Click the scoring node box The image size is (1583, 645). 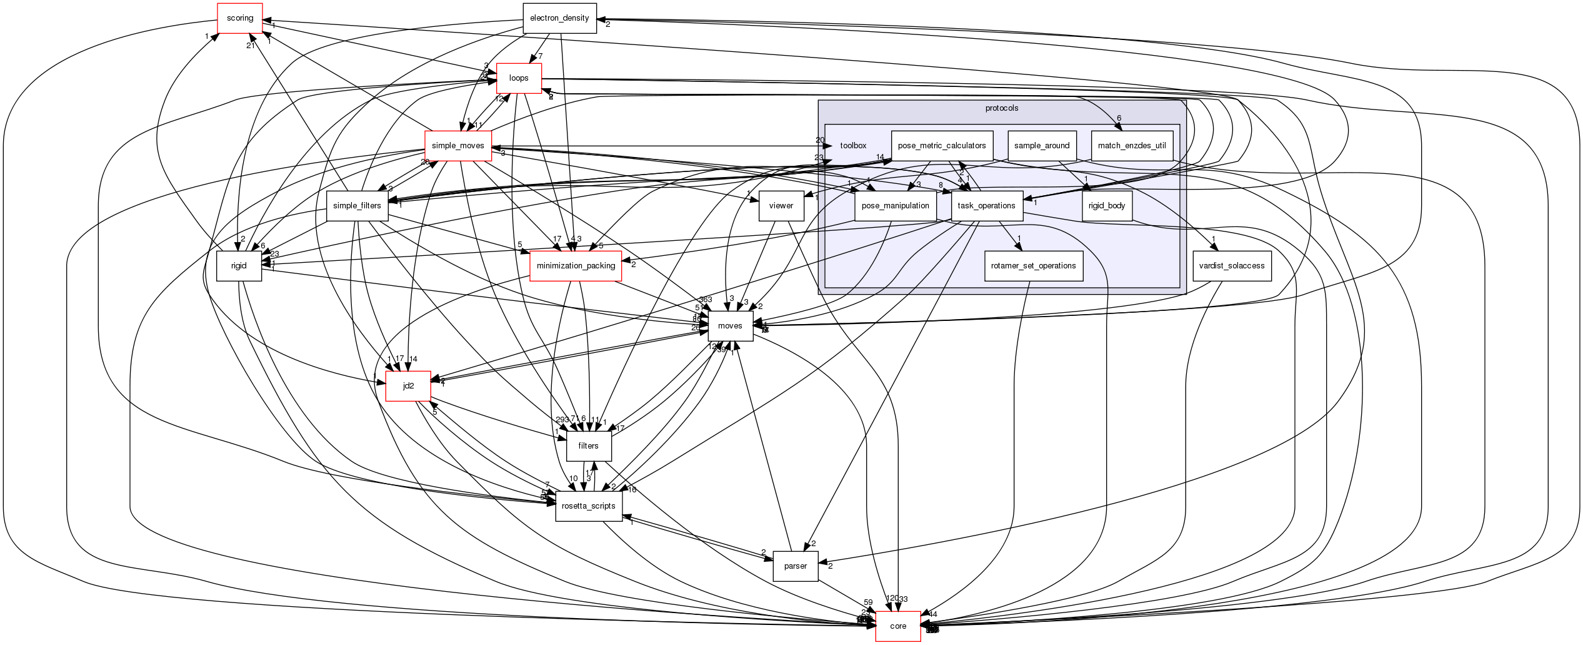point(239,18)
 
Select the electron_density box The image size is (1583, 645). point(559,18)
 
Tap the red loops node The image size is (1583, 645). point(519,78)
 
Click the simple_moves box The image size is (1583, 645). point(458,146)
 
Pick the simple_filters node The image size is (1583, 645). point(357,206)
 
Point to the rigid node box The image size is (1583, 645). point(239,266)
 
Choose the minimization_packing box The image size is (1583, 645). point(576,266)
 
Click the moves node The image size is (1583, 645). point(730,326)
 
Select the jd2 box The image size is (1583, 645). point(408,386)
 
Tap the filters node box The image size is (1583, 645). point(588,446)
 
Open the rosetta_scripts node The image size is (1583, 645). point(589,505)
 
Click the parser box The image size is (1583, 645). point(795,566)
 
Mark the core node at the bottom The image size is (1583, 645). point(897,626)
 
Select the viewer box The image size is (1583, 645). point(781,206)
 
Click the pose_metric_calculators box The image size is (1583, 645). point(942,146)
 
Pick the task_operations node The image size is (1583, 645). point(986,206)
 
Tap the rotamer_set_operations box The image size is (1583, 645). point(1033,266)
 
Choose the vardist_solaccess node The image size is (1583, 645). point(1232,266)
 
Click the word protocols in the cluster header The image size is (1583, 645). point(1001,108)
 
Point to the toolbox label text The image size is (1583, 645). point(853,146)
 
